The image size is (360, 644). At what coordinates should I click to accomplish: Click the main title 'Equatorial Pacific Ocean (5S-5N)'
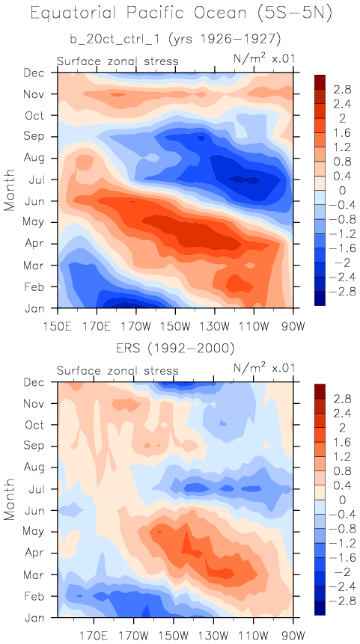click(x=181, y=13)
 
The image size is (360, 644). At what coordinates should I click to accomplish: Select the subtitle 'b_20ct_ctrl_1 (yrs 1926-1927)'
click(x=175, y=40)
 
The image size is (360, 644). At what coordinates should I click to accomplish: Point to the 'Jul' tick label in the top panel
click(x=38, y=180)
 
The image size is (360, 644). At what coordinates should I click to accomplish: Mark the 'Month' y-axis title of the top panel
click(x=10, y=190)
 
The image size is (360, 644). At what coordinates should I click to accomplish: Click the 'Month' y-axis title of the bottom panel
click(x=10, y=499)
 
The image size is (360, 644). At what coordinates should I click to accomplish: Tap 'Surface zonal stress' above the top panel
click(x=118, y=61)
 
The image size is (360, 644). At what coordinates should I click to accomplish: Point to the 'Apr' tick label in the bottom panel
click(x=37, y=553)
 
